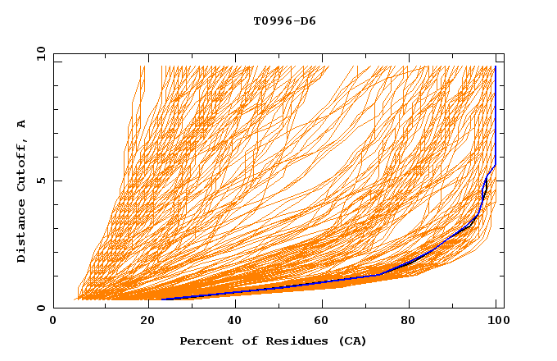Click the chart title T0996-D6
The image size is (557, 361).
click(284, 21)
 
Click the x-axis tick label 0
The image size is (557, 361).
click(53, 321)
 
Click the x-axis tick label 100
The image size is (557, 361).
click(496, 321)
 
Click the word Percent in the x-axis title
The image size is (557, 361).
click(204, 340)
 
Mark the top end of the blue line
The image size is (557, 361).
click(496, 66)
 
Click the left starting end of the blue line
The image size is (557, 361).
click(161, 299)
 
